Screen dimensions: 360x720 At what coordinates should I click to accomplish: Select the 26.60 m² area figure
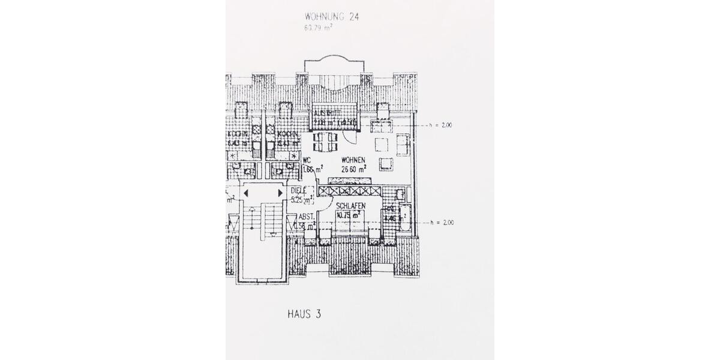[354, 169]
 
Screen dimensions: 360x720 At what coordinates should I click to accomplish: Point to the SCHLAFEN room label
[351, 206]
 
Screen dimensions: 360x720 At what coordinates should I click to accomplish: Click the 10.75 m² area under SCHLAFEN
[348, 215]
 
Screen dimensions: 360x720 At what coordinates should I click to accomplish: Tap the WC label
[307, 160]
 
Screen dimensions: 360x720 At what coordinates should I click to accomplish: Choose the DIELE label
[298, 191]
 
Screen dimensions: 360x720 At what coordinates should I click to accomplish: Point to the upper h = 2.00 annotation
[441, 126]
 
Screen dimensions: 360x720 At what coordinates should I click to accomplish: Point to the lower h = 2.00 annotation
[441, 223]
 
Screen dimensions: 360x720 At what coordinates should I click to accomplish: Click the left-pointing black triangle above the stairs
[246, 193]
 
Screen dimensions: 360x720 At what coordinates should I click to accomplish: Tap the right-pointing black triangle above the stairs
[280, 193]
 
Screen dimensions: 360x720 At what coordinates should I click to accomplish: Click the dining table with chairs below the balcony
[325, 142]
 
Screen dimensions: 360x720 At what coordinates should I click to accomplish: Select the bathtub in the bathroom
[403, 217]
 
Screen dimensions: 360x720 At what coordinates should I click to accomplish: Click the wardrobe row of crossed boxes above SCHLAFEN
[350, 191]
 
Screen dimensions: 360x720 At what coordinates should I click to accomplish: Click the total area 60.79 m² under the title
[318, 27]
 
